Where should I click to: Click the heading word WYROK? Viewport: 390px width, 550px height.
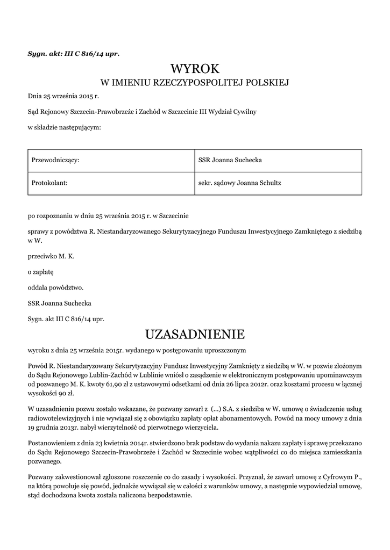pyautogui.click(x=195, y=69)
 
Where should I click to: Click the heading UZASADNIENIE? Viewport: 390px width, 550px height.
pyautogui.click(x=195, y=334)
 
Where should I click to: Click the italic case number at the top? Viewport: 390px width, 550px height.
pyautogui.click(x=73, y=53)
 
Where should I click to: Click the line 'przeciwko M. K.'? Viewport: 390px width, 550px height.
pyautogui.click(x=51, y=256)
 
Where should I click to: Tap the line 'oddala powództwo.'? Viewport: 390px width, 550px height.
pyautogui.click(x=55, y=287)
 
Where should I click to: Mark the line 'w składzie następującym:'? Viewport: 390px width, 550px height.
pyautogui.click(x=64, y=127)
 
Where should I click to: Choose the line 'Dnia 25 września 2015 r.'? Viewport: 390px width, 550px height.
pyautogui.click(x=63, y=97)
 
